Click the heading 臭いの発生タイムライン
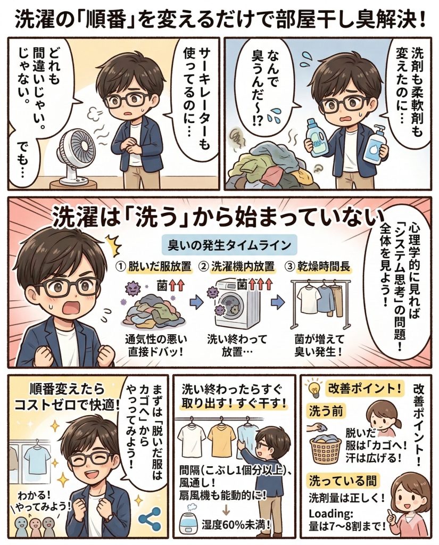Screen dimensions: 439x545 (229, 245)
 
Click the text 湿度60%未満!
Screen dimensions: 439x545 (236, 524)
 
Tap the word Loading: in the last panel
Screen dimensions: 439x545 (331, 514)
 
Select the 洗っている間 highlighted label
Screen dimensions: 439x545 (343, 481)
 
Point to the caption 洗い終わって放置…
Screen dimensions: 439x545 (237, 345)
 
